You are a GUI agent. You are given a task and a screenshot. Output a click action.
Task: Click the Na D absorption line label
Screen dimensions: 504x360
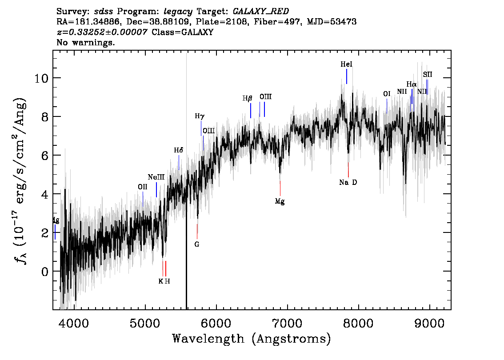[x=348, y=183]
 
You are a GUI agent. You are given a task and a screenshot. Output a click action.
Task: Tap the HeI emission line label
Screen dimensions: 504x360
[x=347, y=64]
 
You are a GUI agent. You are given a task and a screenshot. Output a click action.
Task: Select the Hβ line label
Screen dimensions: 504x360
[x=247, y=98]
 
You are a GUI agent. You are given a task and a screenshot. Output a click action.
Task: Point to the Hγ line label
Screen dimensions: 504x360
[x=200, y=116]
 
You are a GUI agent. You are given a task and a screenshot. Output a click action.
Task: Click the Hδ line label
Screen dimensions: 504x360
[x=178, y=150]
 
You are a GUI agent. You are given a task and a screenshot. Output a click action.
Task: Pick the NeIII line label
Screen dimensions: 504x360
[x=156, y=177]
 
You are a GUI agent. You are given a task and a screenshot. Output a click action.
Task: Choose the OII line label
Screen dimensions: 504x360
[x=143, y=187]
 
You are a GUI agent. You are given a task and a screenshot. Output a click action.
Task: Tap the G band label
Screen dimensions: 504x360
[x=197, y=244]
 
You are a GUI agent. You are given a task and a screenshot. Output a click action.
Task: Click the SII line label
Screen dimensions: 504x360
[x=428, y=75]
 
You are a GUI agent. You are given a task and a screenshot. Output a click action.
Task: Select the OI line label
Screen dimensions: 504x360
[x=387, y=94]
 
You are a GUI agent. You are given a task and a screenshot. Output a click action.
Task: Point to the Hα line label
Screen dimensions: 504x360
[x=412, y=84]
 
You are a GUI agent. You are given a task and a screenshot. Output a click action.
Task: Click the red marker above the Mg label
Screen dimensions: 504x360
[x=280, y=188]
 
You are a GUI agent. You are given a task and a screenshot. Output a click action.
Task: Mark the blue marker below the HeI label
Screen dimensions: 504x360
[x=347, y=76]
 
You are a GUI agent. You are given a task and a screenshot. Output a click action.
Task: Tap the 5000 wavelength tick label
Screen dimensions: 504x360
[x=145, y=323]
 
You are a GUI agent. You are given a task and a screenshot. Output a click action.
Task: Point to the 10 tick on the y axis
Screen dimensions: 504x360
[x=41, y=78]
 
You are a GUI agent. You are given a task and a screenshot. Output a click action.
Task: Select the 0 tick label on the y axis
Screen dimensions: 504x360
[x=45, y=272]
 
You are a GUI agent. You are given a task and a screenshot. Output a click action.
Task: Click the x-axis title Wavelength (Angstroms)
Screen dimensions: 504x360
[x=252, y=339]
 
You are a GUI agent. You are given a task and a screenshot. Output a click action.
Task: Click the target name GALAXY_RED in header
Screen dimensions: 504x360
[x=261, y=12]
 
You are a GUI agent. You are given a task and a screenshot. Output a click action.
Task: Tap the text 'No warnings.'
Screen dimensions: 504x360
[x=85, y=42]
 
